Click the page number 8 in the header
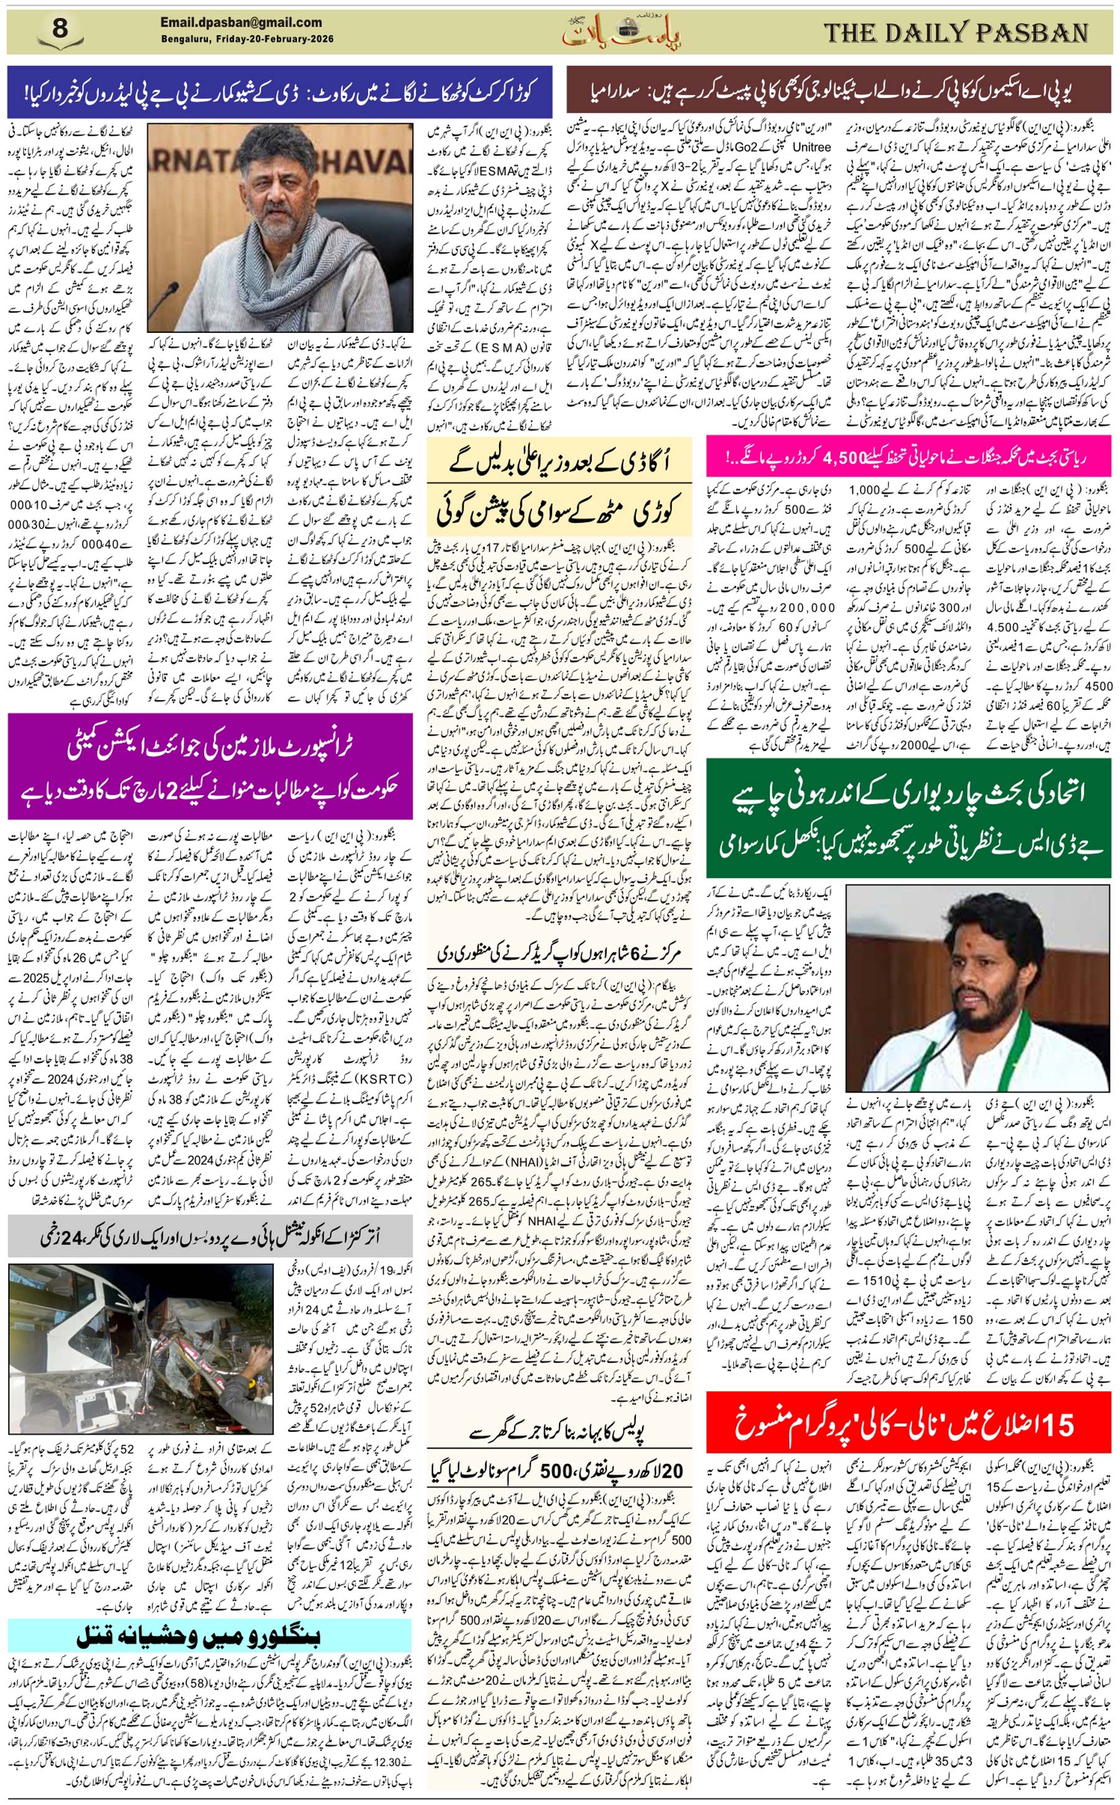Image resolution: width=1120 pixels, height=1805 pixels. [x=60, y=30]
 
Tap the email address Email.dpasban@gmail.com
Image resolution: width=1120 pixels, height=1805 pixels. [x=241, y=22]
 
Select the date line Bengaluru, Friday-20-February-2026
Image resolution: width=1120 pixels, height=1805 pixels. [x=246, y=39]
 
